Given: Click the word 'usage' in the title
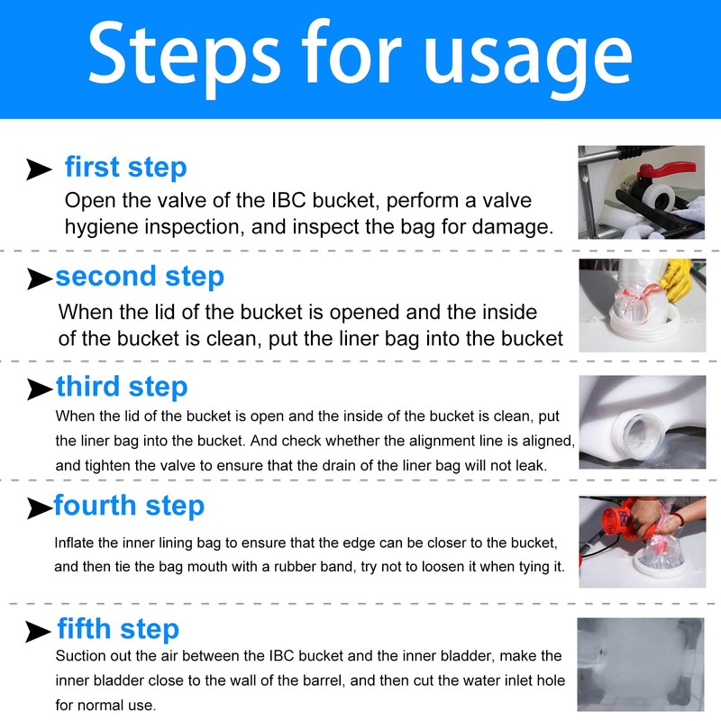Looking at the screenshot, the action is click(x=528, y=59).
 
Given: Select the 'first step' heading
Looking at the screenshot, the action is click(x=126, y=167).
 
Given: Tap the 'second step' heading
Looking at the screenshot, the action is click(x=140, y=277).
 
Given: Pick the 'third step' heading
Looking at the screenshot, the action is click(x=122, y=387).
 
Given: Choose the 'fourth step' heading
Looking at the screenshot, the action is click(x=129, y=506).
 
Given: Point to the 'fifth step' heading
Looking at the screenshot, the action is click(x=118, y=628).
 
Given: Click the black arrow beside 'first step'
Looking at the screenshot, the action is click(x=39, y=169).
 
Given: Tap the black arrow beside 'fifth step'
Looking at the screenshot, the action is click(x=39, y=631).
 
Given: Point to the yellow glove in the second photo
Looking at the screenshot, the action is click(x=675, y=279).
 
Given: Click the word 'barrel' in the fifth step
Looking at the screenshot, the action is click(x=324, y=680).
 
